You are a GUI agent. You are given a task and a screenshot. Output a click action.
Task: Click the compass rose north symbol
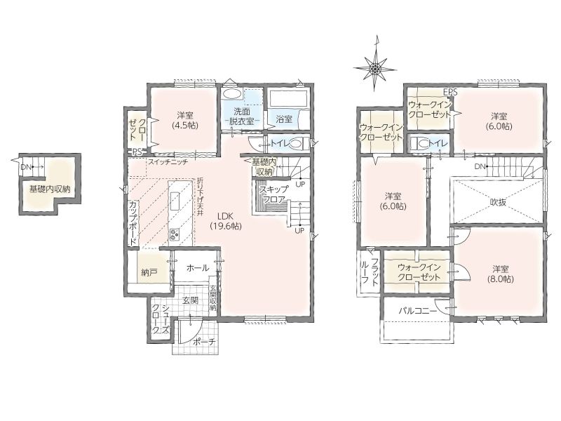coord(375,67)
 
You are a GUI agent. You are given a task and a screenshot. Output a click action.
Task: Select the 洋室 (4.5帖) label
coord(185,120)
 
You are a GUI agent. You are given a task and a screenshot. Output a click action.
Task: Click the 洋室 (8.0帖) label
coord(500,274)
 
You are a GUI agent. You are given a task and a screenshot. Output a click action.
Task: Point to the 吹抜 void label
coord(498,202)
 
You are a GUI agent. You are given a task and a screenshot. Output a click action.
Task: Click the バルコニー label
coord(417,311)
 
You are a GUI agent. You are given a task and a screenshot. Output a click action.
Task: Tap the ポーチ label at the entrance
coord(204,342)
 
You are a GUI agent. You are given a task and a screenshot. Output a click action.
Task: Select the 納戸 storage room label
coord(149,273)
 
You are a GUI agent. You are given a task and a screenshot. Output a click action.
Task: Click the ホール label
coord(198,268)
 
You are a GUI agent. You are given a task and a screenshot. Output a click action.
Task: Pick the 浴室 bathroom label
coord(285,119)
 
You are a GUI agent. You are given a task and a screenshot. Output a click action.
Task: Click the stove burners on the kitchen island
coord(175,235)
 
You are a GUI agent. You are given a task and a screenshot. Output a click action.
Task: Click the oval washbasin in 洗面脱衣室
coord(231,94)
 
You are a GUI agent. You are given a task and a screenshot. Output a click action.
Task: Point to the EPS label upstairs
coord(450,93)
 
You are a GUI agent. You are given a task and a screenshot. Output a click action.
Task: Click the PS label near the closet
coord(137,152)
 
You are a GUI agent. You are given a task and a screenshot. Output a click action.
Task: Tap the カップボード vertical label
coord(133,223)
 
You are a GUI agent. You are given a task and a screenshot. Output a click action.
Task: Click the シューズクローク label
coord(161,319)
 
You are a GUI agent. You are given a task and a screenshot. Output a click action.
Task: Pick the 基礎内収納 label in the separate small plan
coord(50,189)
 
